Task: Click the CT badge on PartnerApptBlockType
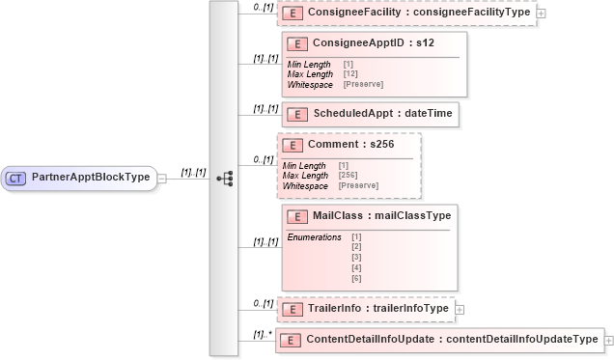(x=16, y=178)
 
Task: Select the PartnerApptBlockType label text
(x=91, y=178)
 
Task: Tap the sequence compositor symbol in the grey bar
(x=225, y=179)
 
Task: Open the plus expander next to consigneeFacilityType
(x=541, y=14)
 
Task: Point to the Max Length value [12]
(x=350, y=74)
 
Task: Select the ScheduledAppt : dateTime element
(x=382, y=114)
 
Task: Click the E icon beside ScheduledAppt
(x=298, y=114)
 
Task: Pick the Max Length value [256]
(x=349, y=175)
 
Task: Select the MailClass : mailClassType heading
(x=381, y=215)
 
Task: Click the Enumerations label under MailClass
(x=314, y=236)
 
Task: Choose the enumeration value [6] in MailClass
(x=356, y=278)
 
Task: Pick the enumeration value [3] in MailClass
(x=356, y=258)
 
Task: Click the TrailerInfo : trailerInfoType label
(x=377, y=309)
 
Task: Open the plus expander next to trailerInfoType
(x=459, y=309)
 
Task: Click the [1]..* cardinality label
(x=261, y=334)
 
